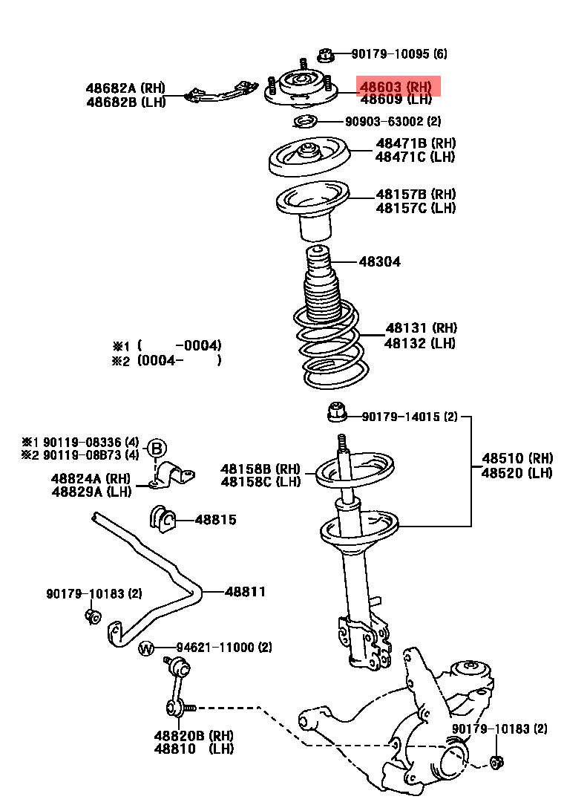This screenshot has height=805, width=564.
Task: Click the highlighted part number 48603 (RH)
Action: [x=396, y=85]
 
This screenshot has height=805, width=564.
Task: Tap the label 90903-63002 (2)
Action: [x=393, y=121]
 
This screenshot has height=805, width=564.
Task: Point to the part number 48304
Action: [x=380, y=261]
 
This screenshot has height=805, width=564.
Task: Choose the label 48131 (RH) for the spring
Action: [x=421, y=328]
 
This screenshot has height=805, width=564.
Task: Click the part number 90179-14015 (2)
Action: [x=410, y=417]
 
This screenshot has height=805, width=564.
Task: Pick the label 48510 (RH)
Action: [x=517, y=458]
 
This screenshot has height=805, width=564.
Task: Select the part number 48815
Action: [x=215, y=520]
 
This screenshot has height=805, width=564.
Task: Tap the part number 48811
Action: [x=246, y=591]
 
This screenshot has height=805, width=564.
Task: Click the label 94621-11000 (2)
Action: [x=224, y=648]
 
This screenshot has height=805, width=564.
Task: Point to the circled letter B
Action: [x=157, y=449]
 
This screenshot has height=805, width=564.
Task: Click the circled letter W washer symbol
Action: [x=145, y=649]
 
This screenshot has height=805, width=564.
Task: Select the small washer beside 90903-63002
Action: [x=305, y=122]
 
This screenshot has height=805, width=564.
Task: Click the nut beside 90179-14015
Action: [x=337, y=411]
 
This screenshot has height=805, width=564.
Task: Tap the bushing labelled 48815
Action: [x=163, y=519]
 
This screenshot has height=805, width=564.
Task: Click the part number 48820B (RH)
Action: [x=194, y=736]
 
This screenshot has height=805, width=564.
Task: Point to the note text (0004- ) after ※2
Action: [x=180, y=360]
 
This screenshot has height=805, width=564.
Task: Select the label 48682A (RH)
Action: [x=125, y=88]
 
